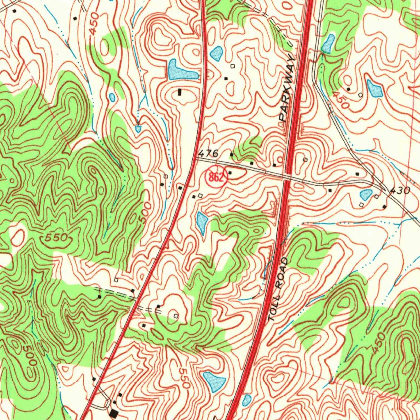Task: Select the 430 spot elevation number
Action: click(x=399, y=191)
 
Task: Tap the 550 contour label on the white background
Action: click(x=183, y=377)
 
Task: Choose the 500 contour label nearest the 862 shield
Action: click(x=144, y=212)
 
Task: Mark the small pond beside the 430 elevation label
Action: click(x=365, y=194)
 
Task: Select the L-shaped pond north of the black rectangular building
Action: click(x=180, y=71)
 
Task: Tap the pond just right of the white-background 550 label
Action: click(x=214, y=381)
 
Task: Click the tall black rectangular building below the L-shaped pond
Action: click(x=180, y=93)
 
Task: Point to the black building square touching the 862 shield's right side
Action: click(x=230, y=173)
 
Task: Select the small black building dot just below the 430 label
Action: click(x=384, y=206)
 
